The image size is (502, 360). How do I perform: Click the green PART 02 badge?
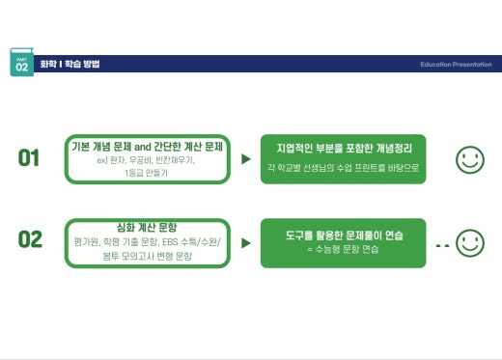point(21,64)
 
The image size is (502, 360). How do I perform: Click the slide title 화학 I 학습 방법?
point(70,64)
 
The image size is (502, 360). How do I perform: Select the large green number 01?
point(30,157)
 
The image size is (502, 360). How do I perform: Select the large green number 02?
point(30,238)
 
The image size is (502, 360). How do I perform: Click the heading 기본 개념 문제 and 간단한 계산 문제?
point(147,146)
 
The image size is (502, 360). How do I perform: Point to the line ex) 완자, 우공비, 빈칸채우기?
point(147,159)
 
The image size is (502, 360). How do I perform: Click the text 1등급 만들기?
point(147,172)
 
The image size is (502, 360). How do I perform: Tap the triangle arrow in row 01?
point(246,158)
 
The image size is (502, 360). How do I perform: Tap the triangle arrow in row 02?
point(246,239)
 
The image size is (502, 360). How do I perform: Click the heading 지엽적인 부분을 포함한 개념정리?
point(344,150)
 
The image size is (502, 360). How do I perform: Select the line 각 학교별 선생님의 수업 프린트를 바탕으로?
point(344,167)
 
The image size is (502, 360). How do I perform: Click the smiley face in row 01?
point(470,159)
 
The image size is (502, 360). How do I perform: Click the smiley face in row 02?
point(470,241)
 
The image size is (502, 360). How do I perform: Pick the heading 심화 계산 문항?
point(147,213)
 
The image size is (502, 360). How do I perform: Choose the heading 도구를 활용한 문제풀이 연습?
point(344,235)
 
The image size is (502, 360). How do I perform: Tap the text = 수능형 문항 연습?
point(344,250)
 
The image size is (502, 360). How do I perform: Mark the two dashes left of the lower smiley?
point(442,245)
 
